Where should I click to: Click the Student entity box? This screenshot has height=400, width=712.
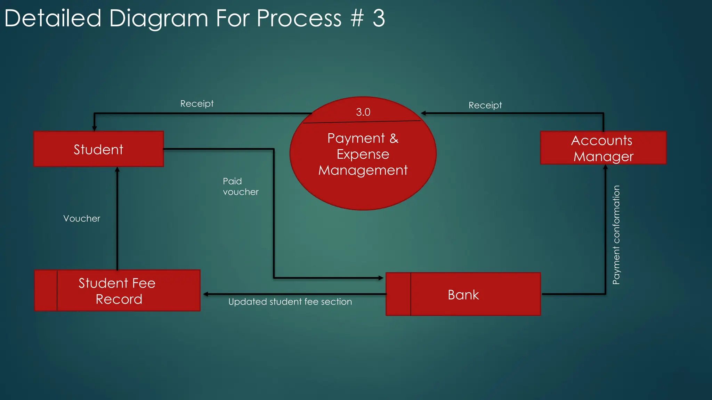pyautogui.click(x=98, y=149)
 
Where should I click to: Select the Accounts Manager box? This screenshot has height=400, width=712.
pyautogui.click(x=603, y=148)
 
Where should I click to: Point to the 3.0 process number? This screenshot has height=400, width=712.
pyautogui.click(x=363, y=112)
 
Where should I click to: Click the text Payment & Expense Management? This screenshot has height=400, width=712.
pyautogui.click(x=363, y=154)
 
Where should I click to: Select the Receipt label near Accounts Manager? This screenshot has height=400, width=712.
pyautogui.click(x=485, y=105)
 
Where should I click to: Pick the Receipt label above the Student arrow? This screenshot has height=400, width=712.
pyautogui.click(x=197, y=103)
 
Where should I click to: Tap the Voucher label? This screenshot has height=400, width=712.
pyautogui.click(x=82, y=218)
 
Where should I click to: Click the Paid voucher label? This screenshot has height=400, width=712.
pyautogui.click(x=240, y=186)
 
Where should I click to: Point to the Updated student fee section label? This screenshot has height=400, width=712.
pyautogui.click(x=290, y=302)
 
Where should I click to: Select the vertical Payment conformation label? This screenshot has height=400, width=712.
pyautogui.click(x=616, y=235)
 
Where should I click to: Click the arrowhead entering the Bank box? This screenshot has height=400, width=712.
pyautogui.click(x=381, y=278)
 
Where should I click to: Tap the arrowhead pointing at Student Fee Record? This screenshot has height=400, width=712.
pyautogui.click(x=206, y=294)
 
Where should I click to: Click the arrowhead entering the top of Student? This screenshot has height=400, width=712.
pyautogui.click(x=94, y=128)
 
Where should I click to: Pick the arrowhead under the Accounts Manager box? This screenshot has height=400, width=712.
pyautogui.click(x=605, y=167)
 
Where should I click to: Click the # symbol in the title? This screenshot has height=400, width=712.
pyautogui.click(x=357, y=18)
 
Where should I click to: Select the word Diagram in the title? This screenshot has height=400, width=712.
pyautogui.click(x=159, y=19)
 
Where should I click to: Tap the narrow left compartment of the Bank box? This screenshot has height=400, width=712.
pyautogui.click(x=398, y=294)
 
